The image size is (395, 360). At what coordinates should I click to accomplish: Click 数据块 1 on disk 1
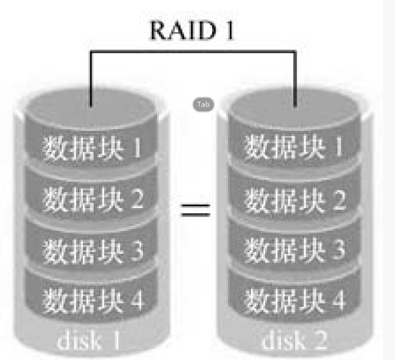(x=92, y=148)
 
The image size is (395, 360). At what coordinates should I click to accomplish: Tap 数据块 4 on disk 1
(x=92, y=299)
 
